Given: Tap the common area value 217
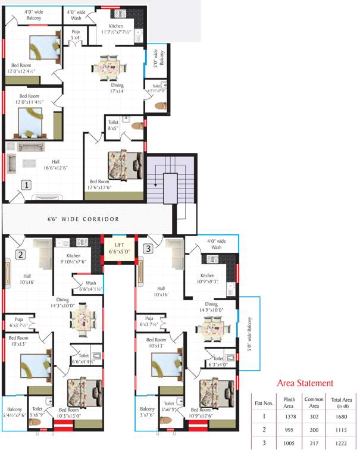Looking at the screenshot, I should (315, 443).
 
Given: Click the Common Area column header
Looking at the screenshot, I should (315, 402).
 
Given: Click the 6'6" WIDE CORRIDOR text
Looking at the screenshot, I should (83, 219).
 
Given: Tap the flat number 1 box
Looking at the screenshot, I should (26, 185).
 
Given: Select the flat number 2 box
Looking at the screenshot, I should (21, 255).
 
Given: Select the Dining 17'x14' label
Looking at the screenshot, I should (117, 88).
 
